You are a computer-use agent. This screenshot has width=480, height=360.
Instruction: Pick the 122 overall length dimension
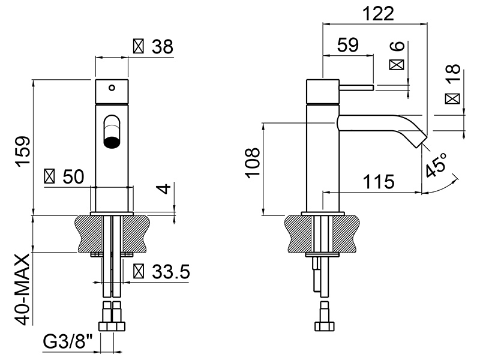(x=379, y=13)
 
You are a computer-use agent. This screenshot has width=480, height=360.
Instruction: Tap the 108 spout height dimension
(x=253, y=163)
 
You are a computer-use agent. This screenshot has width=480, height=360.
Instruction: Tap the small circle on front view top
(x=112, y=88)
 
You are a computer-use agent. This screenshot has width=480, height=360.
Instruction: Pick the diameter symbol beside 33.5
(x=139, y=272)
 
